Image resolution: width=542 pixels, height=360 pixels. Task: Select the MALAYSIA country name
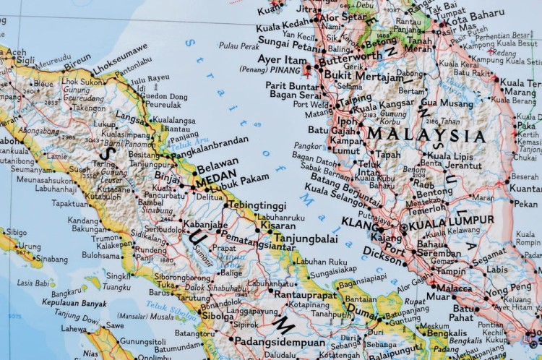click(x=425, y=135)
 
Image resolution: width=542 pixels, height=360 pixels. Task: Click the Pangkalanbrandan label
click(x=212, y=142)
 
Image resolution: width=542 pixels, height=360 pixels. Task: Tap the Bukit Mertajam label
click(x=359, y=74)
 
